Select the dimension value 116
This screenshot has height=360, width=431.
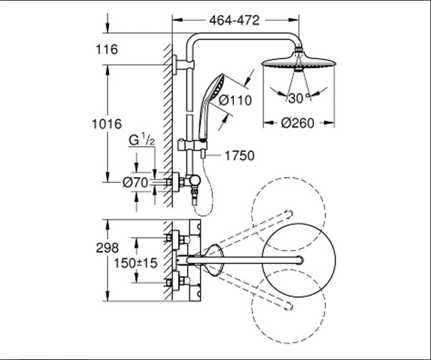coord(105,50)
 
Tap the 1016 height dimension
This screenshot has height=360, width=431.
coord(105,124)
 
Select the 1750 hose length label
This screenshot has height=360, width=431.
coord(240,154)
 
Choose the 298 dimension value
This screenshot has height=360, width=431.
coord(105,247)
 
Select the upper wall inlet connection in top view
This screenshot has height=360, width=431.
coord(172,237)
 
